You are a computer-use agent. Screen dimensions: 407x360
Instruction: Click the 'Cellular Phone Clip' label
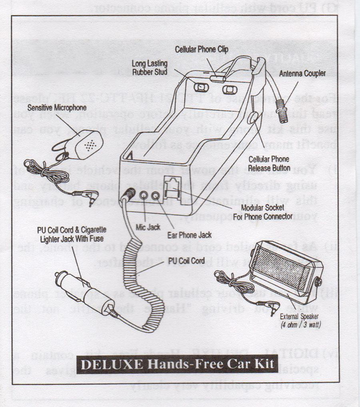click(x=202, y=50)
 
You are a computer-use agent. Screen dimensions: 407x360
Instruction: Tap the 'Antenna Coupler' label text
click(x=302, y=74)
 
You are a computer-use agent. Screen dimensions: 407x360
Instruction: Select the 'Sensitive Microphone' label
click(x=57, y=108)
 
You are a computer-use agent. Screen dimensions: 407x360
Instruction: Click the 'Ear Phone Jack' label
click(x=195, y=235)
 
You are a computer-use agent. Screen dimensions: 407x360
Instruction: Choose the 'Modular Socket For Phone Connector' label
click(x=262, y=211)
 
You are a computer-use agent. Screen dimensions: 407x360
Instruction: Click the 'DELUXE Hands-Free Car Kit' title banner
click(x=177, y=364)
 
